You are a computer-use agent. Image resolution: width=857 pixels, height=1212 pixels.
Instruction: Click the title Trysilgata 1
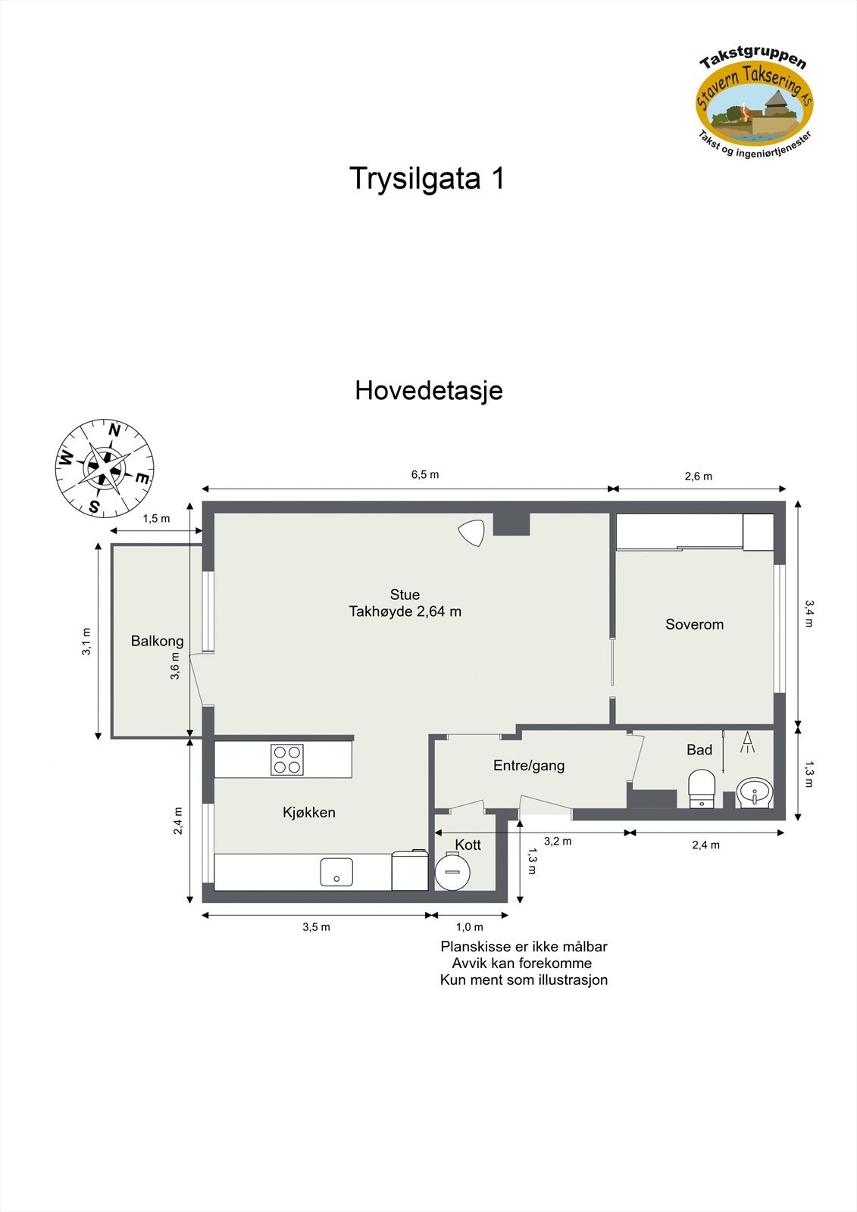coord(427,179)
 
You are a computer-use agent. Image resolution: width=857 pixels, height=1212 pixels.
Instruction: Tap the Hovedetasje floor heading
coord(428,391)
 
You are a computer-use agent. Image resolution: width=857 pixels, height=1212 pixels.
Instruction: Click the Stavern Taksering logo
coord(754,101)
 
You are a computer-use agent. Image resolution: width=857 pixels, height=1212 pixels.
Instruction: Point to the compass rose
coord(105,467)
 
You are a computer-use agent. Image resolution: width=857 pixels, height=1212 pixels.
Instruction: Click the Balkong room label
coord(157,641)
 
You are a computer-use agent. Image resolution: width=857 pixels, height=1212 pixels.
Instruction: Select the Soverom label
coord(694,624)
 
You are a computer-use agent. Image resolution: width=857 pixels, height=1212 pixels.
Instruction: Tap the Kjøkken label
coord(309,812)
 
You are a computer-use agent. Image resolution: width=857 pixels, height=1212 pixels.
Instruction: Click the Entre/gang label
coord(529,765)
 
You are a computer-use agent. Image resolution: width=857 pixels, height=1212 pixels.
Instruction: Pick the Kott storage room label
coord(468,845)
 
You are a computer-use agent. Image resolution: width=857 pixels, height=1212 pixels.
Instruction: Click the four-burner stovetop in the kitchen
coord(287,760)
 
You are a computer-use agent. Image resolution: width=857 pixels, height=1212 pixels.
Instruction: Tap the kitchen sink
coord(336,872)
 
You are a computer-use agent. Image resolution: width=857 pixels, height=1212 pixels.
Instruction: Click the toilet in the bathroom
coord(702,789)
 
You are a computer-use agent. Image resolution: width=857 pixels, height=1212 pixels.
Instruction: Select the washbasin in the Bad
coord(754,792)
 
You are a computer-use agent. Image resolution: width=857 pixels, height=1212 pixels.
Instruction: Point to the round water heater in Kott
coord(452,872)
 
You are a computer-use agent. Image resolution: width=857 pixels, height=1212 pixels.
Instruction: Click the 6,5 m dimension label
coord(425,475)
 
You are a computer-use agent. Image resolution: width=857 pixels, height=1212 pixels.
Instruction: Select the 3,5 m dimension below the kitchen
coord(316,927)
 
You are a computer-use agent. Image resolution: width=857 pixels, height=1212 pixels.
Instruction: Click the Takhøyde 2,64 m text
coord(405,611)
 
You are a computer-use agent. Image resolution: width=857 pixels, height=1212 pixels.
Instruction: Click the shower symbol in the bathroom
coord(748,742)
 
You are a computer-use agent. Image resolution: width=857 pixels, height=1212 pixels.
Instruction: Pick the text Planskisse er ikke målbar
coord(524,947)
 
